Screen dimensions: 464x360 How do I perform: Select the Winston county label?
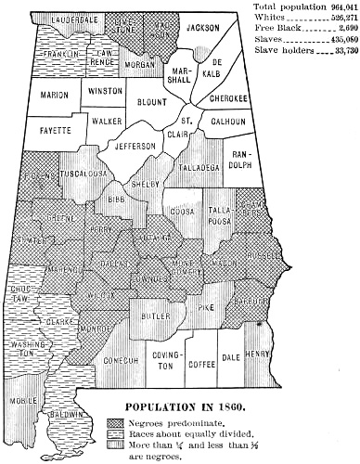click(x=105, y=92)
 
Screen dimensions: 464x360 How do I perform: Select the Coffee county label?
click(x=202, y=365)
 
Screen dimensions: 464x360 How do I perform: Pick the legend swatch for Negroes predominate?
click(x=117, y=421)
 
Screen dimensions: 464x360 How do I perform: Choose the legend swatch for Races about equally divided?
click(x=117, y=432)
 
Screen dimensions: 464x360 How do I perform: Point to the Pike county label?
click(x=206, y=305)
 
